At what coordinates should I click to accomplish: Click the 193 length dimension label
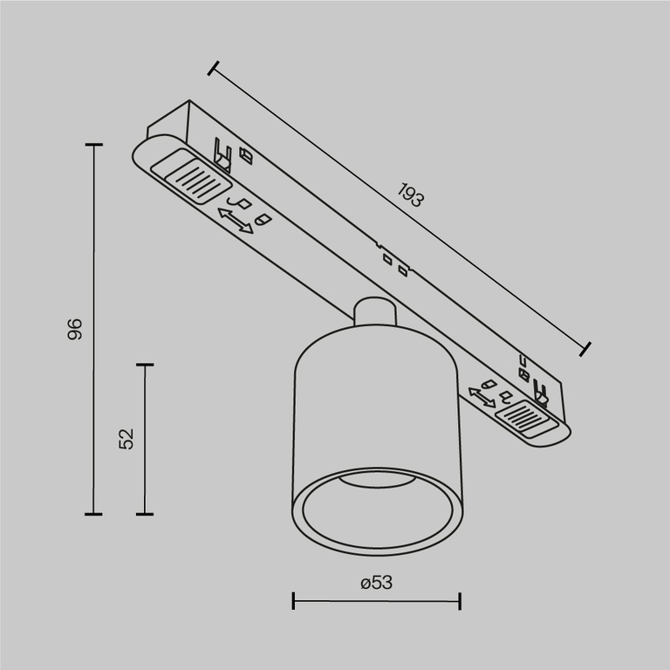point(411,195)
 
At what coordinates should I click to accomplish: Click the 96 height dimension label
point(75,329)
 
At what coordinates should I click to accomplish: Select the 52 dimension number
point(127,438)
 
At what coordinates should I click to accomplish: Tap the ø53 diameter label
point(376,582)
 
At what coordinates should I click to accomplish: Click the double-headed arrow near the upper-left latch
point(236,221)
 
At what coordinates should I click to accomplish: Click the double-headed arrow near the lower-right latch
point(482,397)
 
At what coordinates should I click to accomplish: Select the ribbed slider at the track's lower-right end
point(523,413)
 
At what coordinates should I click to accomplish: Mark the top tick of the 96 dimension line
point(94,145)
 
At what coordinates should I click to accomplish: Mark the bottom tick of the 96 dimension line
point(94,514)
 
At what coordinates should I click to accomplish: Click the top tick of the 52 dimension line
point(145,365)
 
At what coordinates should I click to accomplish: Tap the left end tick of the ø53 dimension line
point(294,600)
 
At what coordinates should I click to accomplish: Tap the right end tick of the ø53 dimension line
point(459,600)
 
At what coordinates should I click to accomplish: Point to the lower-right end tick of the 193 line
point(586,349)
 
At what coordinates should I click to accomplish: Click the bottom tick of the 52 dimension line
point(145,514)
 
